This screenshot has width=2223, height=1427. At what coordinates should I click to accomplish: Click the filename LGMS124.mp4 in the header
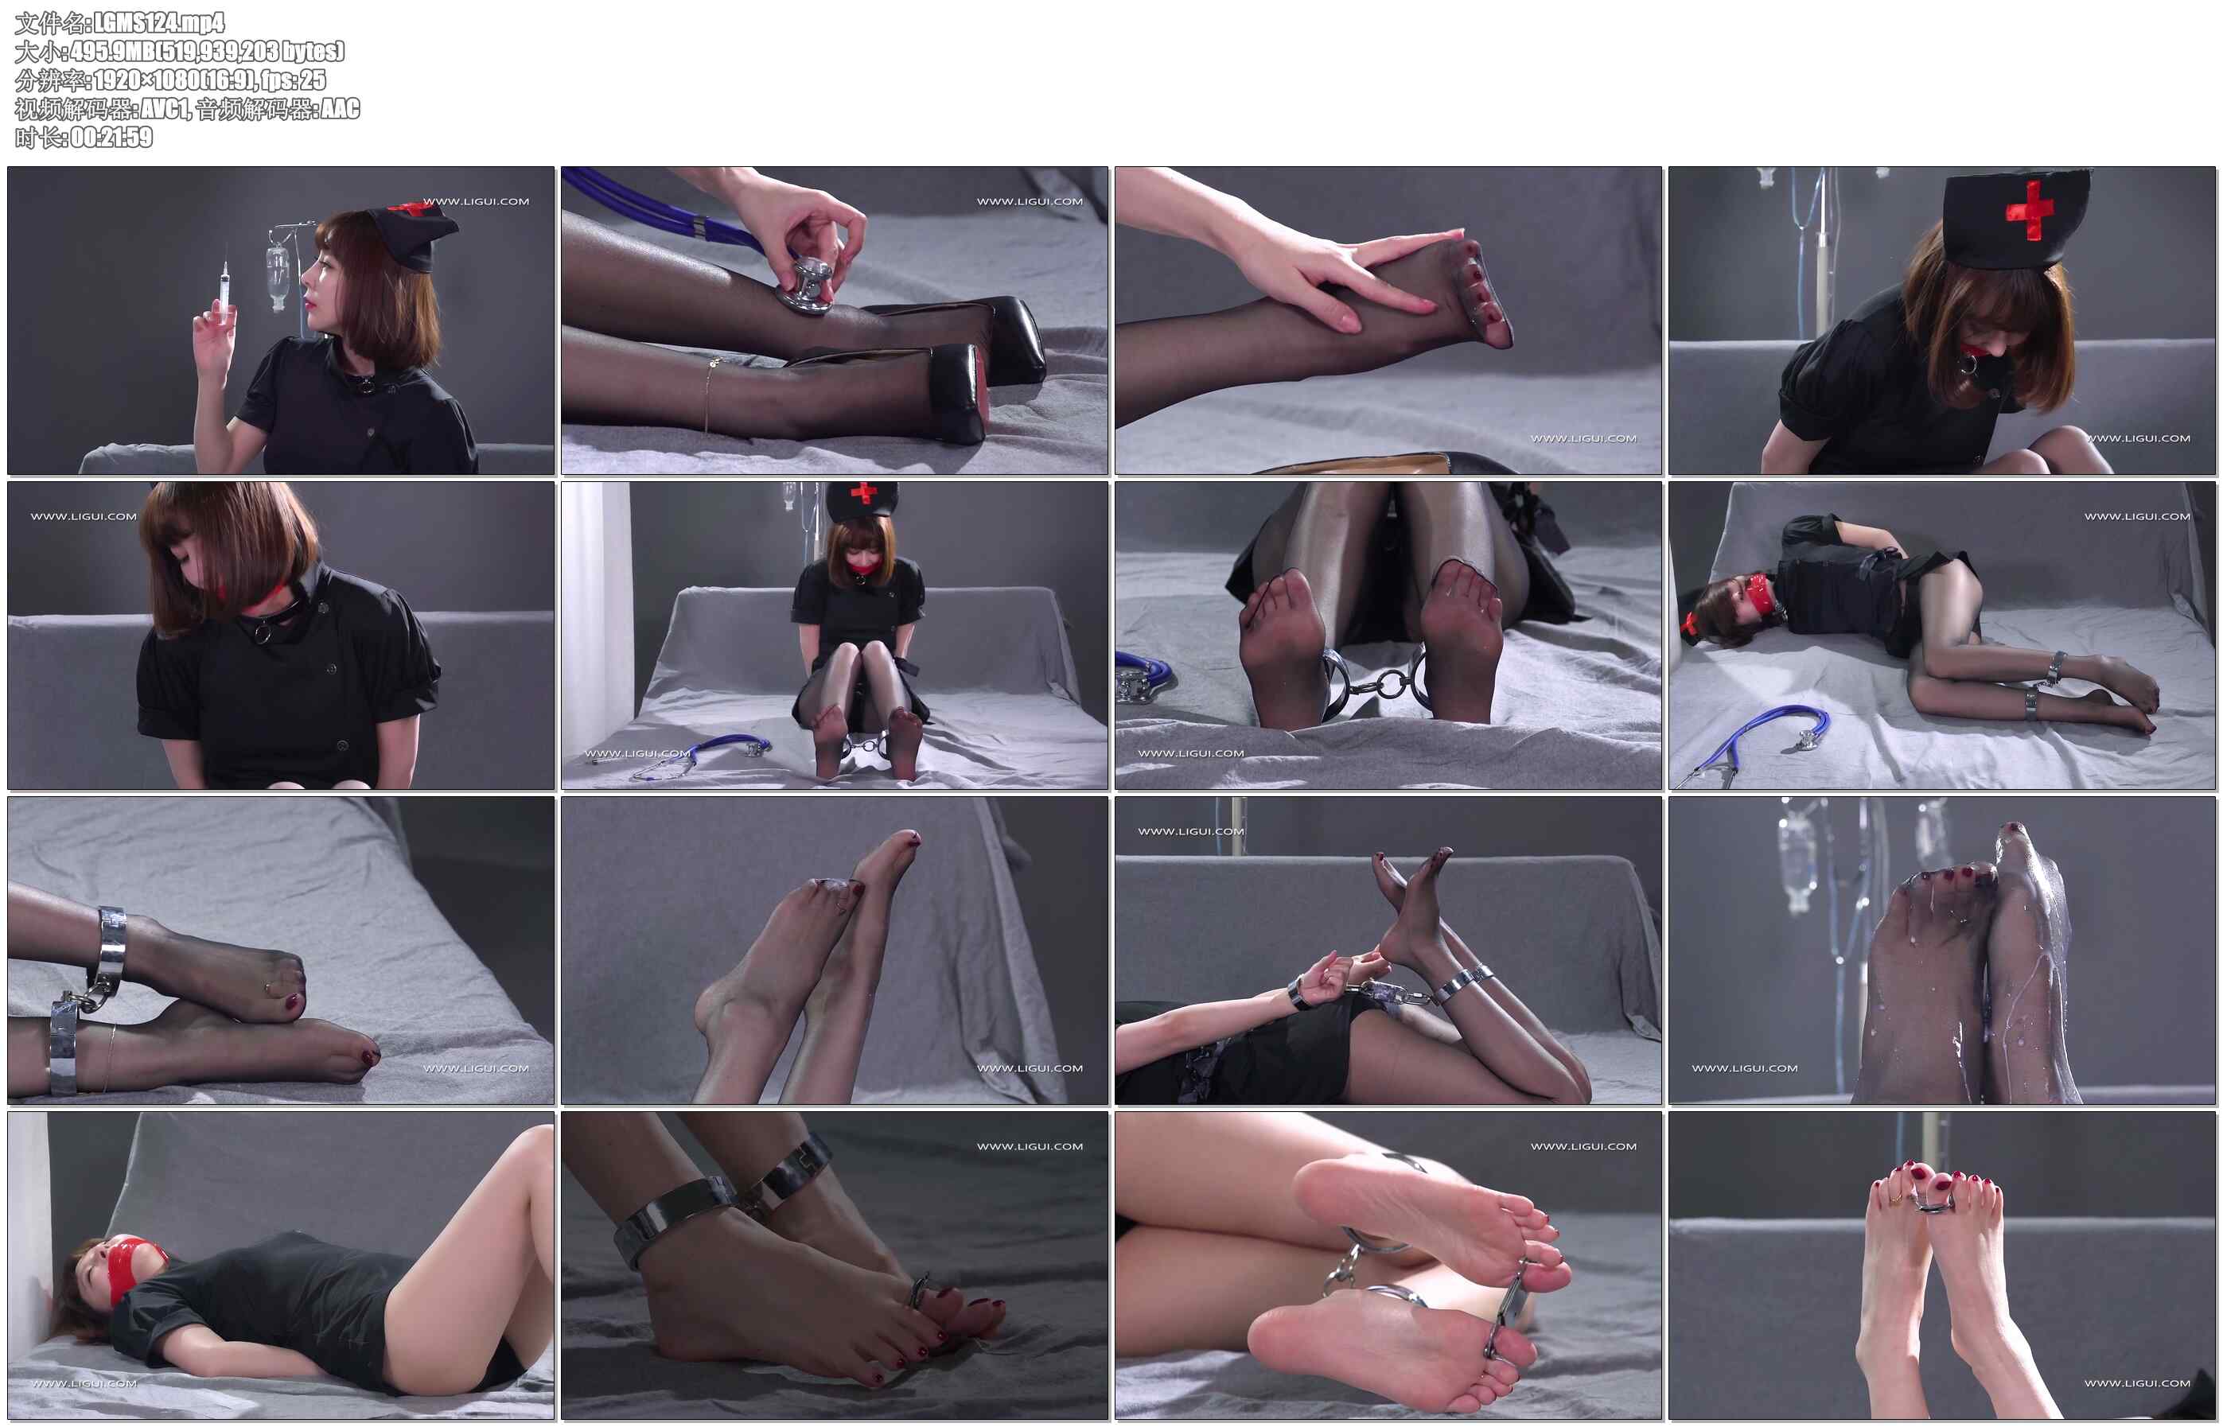tap(159, 22)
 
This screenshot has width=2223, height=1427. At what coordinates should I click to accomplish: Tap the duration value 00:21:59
tap(111, 137)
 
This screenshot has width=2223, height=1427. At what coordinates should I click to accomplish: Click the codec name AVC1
tap(165, 108)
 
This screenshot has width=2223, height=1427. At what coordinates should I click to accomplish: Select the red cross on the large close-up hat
tap(2030, 210)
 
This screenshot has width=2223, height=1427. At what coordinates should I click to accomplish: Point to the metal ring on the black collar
tap(263, 633)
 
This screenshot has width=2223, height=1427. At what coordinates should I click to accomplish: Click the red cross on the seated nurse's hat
tap(863, 492)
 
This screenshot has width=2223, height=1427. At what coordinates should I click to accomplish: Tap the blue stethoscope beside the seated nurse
tap(704, 755)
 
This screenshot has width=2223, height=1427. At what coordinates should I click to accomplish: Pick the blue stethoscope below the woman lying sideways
tap(1761, 737)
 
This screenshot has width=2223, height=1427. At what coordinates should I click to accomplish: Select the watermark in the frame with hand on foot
tap(1583, 438)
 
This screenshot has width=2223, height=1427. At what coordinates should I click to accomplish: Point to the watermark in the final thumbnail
tap(2137, 1382)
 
